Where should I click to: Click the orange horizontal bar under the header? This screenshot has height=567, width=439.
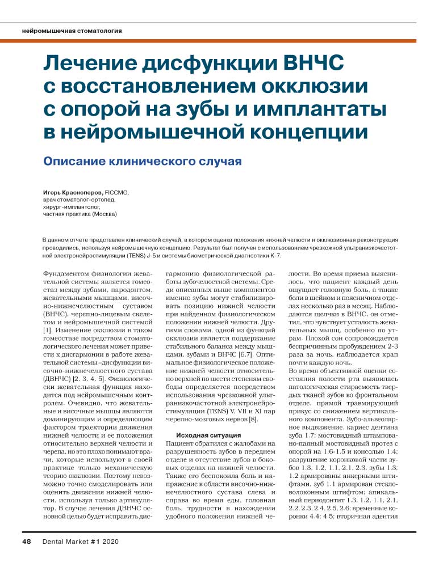click(219, 40)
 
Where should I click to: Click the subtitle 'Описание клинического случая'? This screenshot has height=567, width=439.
click(143, 161)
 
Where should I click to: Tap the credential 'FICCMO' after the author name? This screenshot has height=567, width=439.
click(116, 193)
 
